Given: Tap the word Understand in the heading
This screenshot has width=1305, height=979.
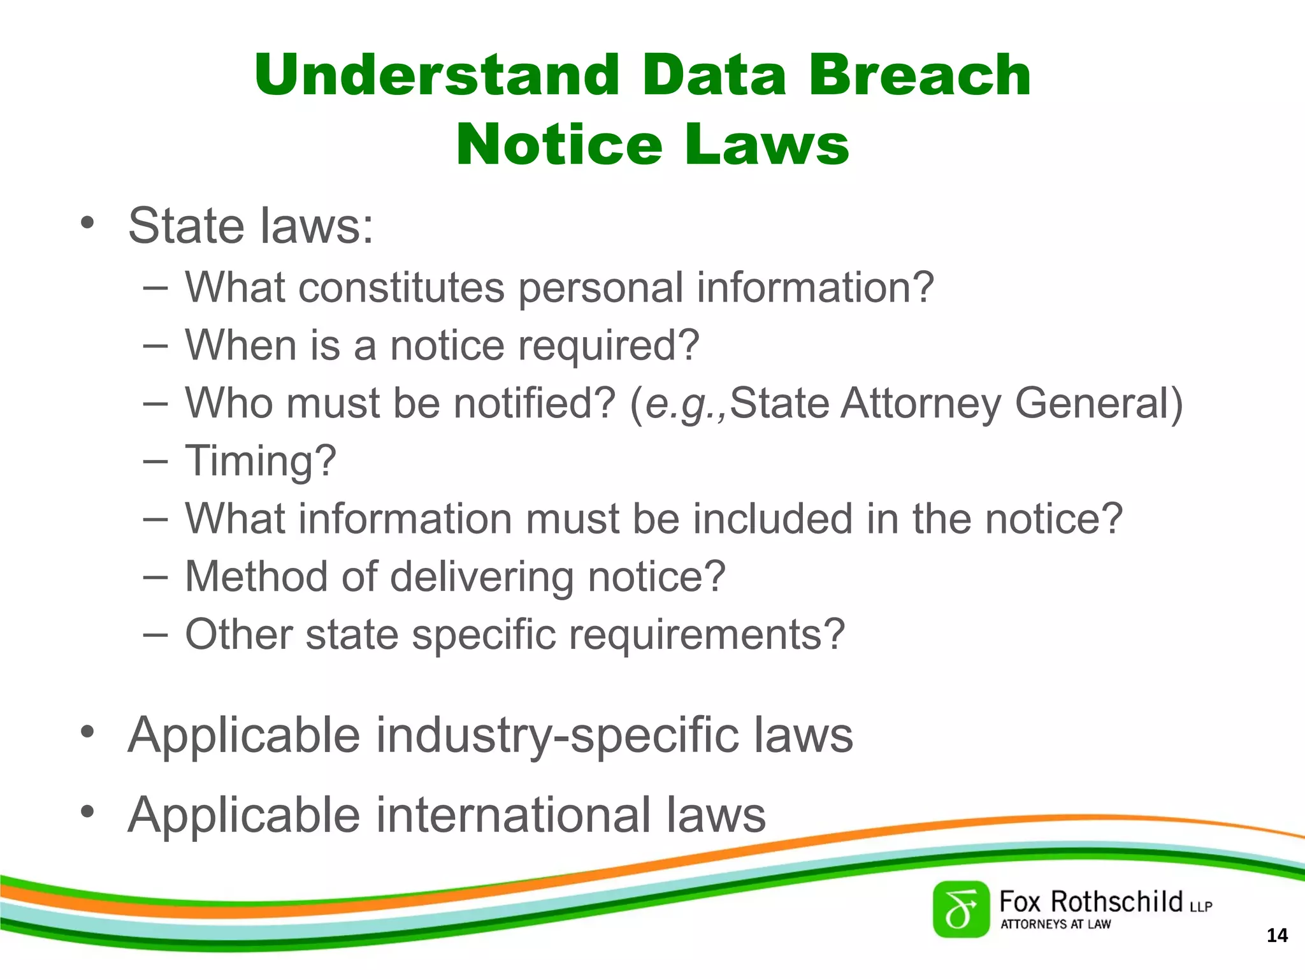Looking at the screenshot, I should coord(437,75).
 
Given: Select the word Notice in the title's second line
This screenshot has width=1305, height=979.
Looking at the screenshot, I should coord(559,145).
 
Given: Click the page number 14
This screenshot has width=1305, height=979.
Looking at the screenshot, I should coord(1277,935).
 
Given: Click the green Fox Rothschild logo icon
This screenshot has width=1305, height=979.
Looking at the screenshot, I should coord(961,910).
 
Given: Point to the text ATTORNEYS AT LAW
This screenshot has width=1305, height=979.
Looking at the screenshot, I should coord(1055,924).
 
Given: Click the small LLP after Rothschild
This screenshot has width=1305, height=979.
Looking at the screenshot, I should coord(1200,906).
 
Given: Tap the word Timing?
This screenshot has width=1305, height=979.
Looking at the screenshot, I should coord(260,461).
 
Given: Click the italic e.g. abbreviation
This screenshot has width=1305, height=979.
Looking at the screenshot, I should coord(684,403).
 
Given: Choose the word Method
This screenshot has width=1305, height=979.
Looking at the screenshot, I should coord(256,576).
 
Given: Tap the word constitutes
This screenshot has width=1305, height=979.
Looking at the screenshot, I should coord(401,287).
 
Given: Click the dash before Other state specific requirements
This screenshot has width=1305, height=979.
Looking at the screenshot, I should coord(155,634).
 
